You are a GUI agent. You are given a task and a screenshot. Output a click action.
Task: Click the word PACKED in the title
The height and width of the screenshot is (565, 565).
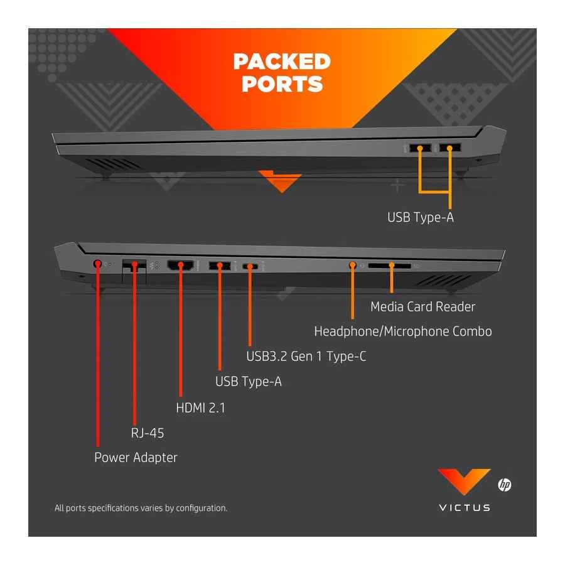tap(282, 62)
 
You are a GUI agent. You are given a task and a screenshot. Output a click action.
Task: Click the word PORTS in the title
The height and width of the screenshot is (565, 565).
tap(282, 84)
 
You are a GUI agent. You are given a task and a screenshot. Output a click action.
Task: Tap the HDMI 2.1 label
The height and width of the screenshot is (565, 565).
tap(200, 407)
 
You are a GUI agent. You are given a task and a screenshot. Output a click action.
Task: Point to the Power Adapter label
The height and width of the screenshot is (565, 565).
tap(136, 458)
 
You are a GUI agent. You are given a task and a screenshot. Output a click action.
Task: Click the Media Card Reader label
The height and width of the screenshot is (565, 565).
tap(422, 306)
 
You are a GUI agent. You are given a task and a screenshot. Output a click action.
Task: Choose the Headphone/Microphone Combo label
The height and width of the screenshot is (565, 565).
tap(402, 331)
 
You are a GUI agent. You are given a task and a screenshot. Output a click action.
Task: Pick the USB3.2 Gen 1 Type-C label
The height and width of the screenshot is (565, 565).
tap(306, 357)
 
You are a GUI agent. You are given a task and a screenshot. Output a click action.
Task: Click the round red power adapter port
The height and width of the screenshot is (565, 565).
tap(98, 264)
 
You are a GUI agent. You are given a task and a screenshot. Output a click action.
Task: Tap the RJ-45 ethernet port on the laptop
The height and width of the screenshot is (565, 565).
tap(133, 265)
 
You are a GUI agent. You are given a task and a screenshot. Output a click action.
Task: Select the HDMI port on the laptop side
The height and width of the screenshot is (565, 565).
tap(181, 266)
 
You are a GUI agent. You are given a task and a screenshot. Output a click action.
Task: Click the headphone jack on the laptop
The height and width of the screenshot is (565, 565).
tap(353, 266)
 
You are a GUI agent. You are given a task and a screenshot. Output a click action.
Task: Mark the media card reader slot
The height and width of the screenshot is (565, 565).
tap(390, 266)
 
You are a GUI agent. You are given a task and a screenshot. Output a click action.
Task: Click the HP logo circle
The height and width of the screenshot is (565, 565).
tap(504, 485)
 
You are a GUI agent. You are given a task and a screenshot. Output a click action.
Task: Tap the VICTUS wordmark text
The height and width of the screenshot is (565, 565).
tap(465, 507)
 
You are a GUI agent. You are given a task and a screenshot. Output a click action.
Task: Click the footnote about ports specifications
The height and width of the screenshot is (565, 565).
tap(141, 508)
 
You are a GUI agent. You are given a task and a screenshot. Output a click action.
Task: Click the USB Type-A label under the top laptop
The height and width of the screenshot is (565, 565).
tap(419, 218)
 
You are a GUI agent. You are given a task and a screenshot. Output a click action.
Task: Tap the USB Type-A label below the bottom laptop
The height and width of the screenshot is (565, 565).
tap(248, 381)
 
